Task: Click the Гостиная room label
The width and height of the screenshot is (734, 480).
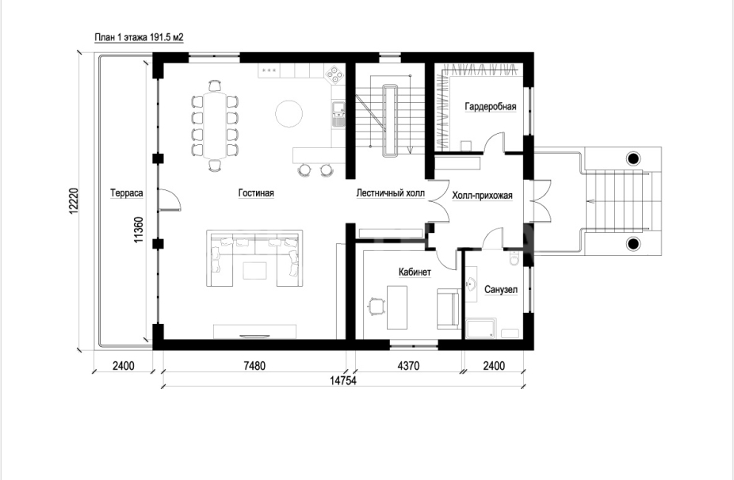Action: [x=255, y=192]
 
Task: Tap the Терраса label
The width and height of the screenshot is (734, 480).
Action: [x=126, y=192]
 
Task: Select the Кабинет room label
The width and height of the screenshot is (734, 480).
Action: [x=415, y=272]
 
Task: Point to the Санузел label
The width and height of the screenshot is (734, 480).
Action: [x=501, y=290]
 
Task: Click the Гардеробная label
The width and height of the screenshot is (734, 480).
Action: [x=491, y=107]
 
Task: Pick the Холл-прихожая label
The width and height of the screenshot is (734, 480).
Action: [x=482, y=196]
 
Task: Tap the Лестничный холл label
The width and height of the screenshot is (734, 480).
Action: [x=391, y=192]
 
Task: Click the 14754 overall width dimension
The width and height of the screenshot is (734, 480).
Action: [x=342, y=381]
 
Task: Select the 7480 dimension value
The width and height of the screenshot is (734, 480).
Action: [x=254, y=365]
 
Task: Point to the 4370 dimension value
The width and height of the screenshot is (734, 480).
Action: [x=408, y=365]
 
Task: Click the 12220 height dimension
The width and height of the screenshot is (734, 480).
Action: [x=74, y=201]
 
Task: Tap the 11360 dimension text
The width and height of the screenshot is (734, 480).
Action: [x=139, y=229]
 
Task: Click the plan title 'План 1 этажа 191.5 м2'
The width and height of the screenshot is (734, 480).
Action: [x=139, y=37]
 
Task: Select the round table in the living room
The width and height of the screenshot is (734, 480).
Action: [x=289, y=114]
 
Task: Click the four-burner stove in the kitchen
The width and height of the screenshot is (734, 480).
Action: [x=335, y=74]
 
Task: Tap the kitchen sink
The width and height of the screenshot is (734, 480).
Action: [x=338, y=114]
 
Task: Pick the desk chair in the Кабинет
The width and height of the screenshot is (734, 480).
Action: [x=377, y=307]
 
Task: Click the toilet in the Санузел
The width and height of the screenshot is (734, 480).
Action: [x=514, y=258]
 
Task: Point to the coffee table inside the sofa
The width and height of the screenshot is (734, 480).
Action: [x=254, y=270]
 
